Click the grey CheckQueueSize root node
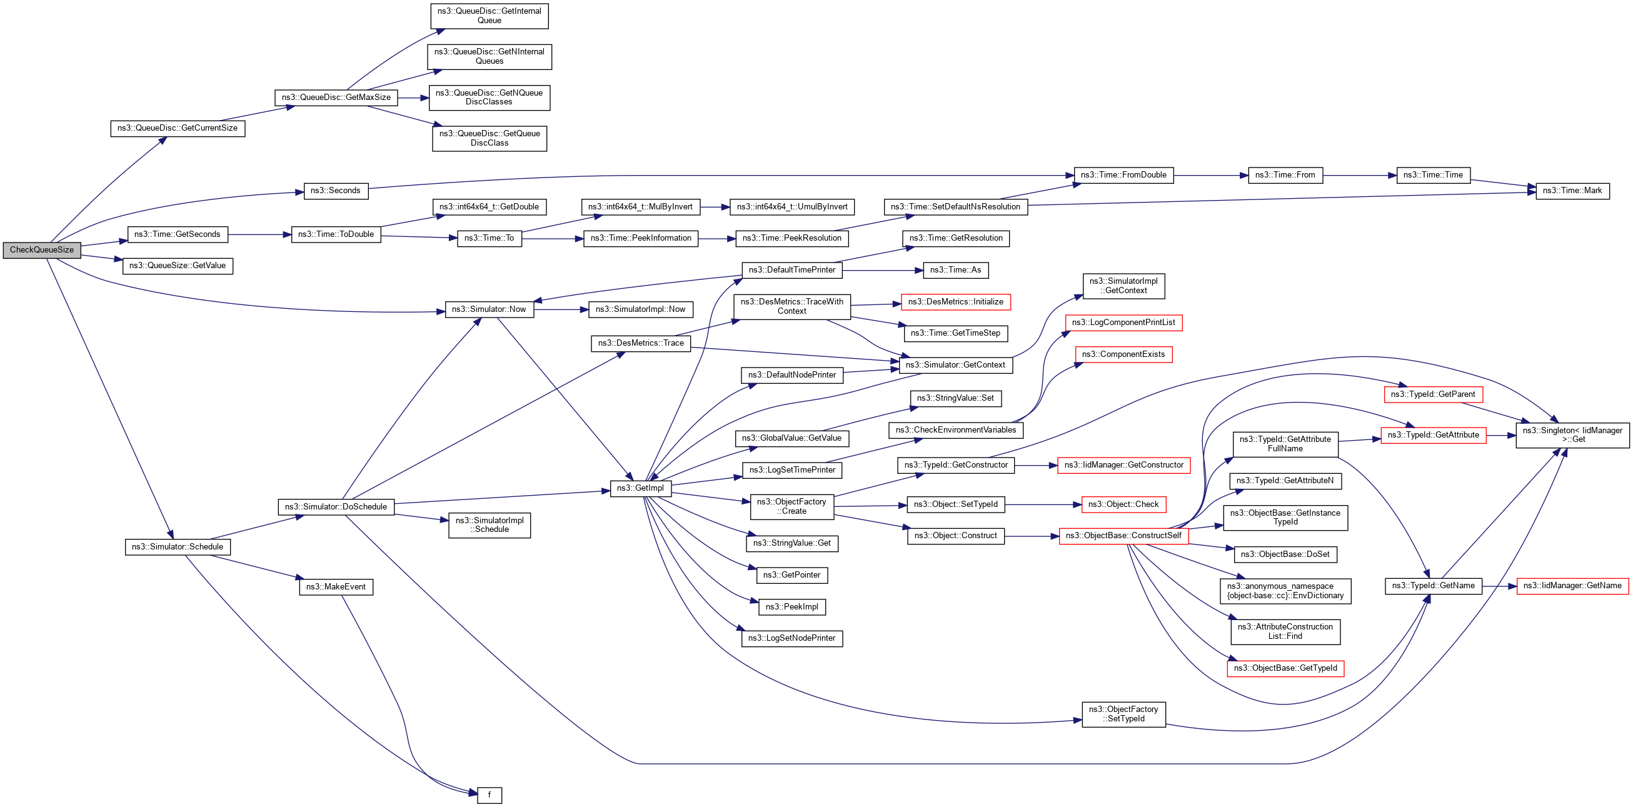click(x=42, y=250)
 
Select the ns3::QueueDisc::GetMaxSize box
click(x=336, y=98)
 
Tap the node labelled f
click(x=490, y=795)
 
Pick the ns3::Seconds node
click(x=335, y=191)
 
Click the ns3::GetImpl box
click(x=640, y=488)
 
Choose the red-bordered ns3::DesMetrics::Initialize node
click(x=955, y=302)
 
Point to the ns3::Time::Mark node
click(x=1572, y=191)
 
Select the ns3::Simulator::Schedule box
click(x=178, y=546)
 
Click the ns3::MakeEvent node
click(x=335, y=586)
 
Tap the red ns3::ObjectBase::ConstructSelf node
click(x=1123, y=536)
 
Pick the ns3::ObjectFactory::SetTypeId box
click(x=1123, y=714)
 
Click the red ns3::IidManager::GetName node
click(x=1572, y=586)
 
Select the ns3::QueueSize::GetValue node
click(x=178, y=266)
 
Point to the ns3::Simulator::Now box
click(x=489, y=309)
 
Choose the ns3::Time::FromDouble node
click(x=1123, y=175)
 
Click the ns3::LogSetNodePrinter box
click(x=791, y=638)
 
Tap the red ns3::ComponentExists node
click(x=1123, y=354)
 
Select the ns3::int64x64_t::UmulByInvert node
click(x=791, y=207)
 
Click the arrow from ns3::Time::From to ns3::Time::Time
click(x=1360, y=175)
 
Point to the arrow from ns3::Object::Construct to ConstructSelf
click(x=1032, y=536)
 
